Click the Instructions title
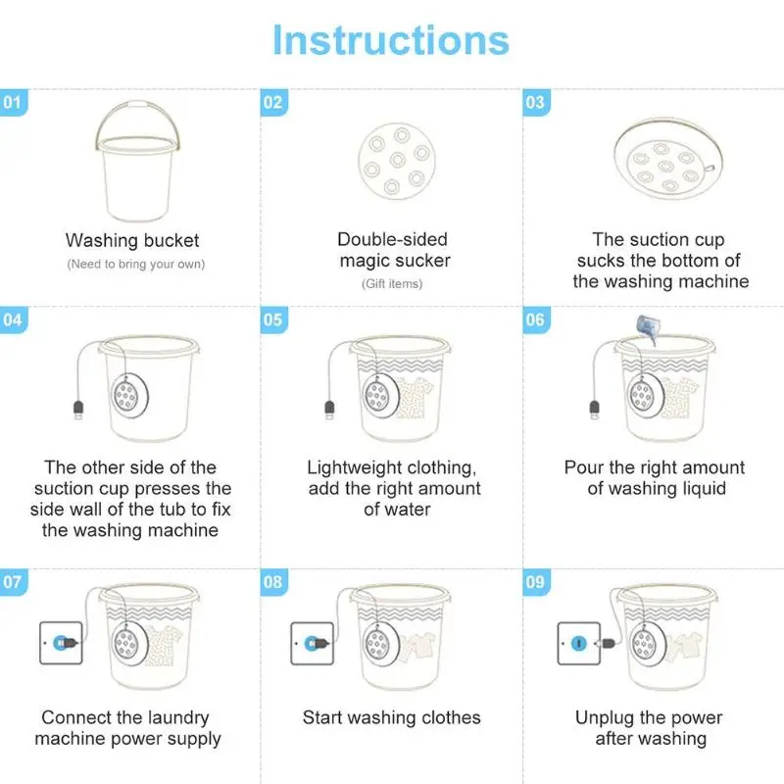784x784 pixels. tap(391, 40)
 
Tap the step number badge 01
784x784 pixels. tap(14, 103)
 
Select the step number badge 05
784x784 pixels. tap(274, 319)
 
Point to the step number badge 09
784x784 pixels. tap(536, 582)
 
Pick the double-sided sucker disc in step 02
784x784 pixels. tap(397, 161)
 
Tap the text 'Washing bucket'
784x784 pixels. tap(132, 240)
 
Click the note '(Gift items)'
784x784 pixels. tap(392, 284)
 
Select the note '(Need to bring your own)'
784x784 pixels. tap(136, 264)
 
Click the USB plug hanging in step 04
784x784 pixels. tap(78, 410)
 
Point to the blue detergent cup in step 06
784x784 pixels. tap(647, 328)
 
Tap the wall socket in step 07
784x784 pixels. tap(61, 643)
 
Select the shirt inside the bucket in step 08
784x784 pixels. tap(418, 645)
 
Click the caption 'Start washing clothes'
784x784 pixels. tap(391, 717)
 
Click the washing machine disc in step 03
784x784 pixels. tap(668, 159)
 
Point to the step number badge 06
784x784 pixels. tap(536, 319)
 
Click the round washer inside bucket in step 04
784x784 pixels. tap(129, 396)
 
